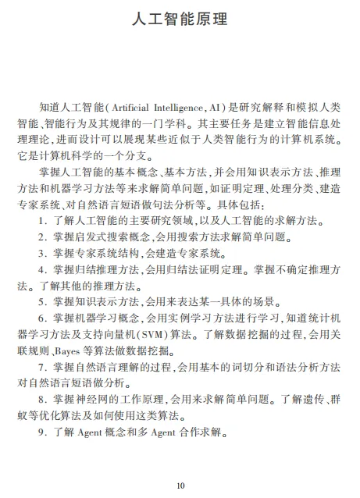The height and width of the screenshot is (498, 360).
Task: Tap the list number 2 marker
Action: point(41,237)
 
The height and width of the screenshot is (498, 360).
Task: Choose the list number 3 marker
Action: point(41,254)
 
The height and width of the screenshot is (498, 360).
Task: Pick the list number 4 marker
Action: point(41,270)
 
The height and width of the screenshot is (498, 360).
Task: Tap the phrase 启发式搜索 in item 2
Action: point(98,237)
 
